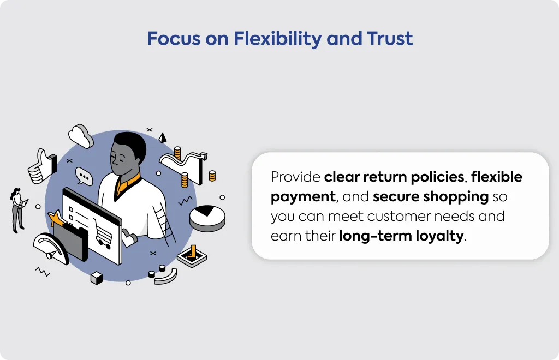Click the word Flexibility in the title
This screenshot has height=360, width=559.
(x=277, y=39)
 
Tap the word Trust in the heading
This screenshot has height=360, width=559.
(x=390, y=39)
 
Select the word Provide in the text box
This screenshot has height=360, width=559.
(x=295, y=177)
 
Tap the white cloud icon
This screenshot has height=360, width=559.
(x=81, y=136)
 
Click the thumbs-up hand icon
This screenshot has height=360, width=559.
(x=42, y=166)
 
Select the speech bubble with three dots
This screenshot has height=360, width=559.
(x=84, y=176)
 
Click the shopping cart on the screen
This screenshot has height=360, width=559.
(x=102, y=233)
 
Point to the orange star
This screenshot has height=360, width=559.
(x=56, y=218)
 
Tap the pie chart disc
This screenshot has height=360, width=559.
(x=207, y=218)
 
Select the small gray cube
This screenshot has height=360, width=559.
(x=96, y=278)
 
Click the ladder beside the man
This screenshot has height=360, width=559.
(x=164, y=224)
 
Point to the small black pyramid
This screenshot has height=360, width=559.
(x=163, y=138)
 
